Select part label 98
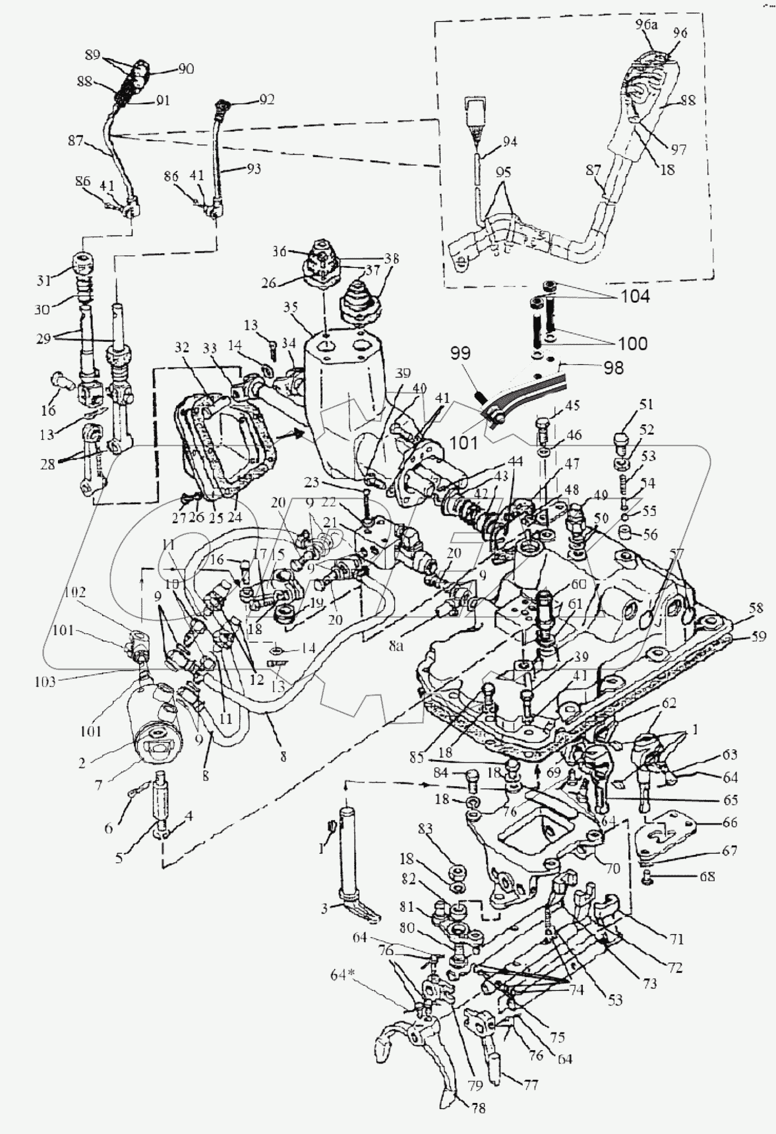pos(612,367)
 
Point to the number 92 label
pos(266,100)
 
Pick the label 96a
pos(646,24)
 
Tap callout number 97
pos(678,149)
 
